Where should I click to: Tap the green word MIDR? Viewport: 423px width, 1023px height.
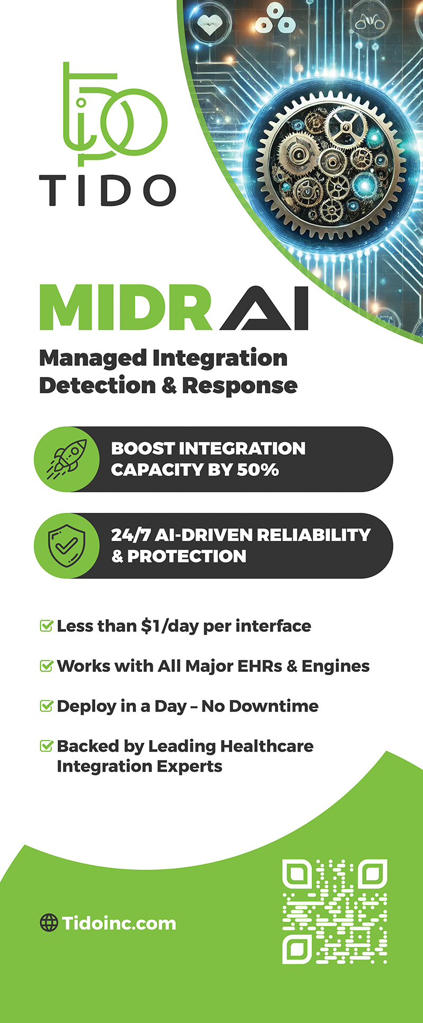pyautogui.click(x=126, y=308)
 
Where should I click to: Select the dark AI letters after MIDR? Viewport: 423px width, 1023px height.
pyautogui.click(x=264, y=309)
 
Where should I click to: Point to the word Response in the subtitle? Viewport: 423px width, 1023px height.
pyautogui.click(x=240, y=386)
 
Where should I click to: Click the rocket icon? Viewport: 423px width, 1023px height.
pyautogui.click(x=67, y=459)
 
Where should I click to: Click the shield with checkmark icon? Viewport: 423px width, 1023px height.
pyautogui.click(x=67, y=546)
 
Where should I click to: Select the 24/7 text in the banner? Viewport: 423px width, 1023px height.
pyautogui.click(x=130, y=535)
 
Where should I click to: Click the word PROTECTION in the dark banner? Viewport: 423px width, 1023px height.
pyautogui.click(x=187, y=557)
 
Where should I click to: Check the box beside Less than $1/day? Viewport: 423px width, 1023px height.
pyautogui.click(x=47, y=626)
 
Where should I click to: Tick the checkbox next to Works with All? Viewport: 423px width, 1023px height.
pyautogui.click(x=47, y=666)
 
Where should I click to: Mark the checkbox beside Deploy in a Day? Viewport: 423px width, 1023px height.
pyautogui.click(x=47, y=706)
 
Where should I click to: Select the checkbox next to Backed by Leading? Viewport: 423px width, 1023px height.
pyautogui.click(x=47, y=746)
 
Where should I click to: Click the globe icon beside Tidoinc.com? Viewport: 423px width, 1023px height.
pyautogui.click(x=49, y=923)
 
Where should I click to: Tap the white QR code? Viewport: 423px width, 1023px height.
pyautogui.click(x=335, y=911)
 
